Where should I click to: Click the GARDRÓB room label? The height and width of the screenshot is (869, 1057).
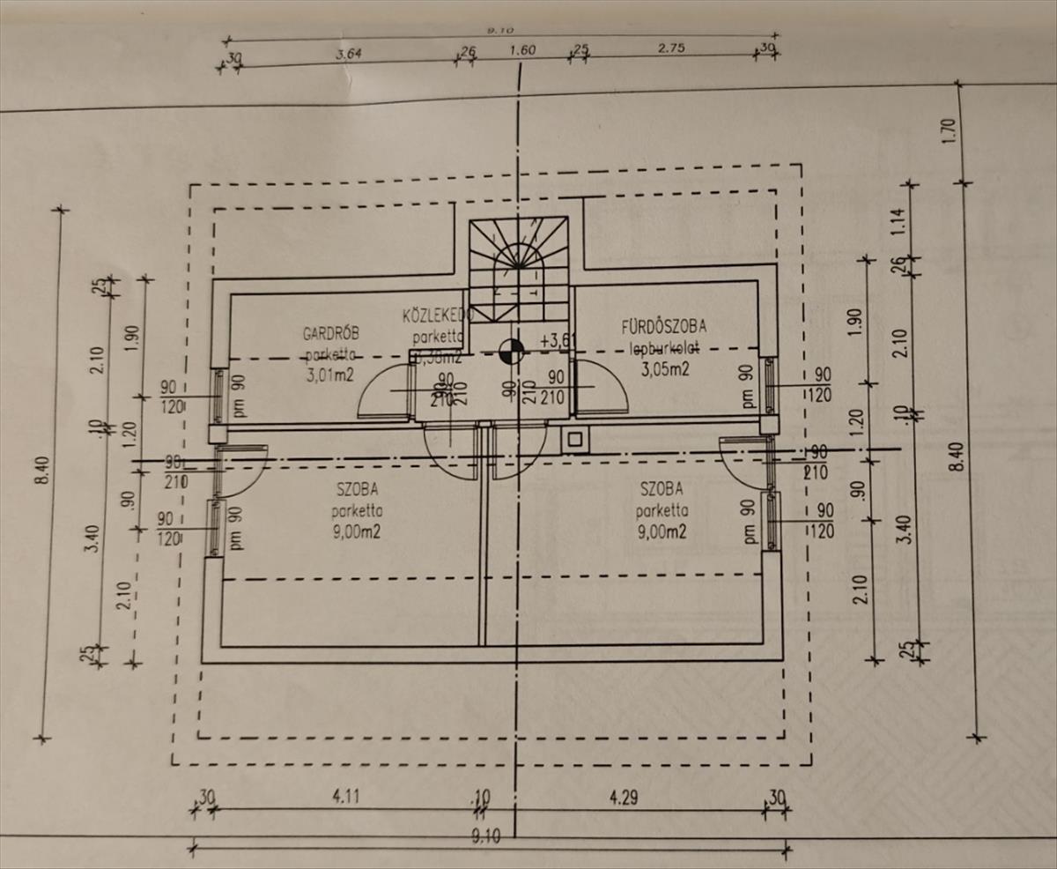point(330,334)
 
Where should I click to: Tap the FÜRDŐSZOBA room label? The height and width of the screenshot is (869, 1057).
point(663,326)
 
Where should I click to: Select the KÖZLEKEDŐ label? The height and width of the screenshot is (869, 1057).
point(438,315)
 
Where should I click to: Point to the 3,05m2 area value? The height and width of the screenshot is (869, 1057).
point(664,369)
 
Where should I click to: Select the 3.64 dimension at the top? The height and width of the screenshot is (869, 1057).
point(350,52)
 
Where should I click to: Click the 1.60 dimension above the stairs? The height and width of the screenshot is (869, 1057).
point(522,50)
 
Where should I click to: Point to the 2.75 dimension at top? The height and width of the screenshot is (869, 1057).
point(671,48)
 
